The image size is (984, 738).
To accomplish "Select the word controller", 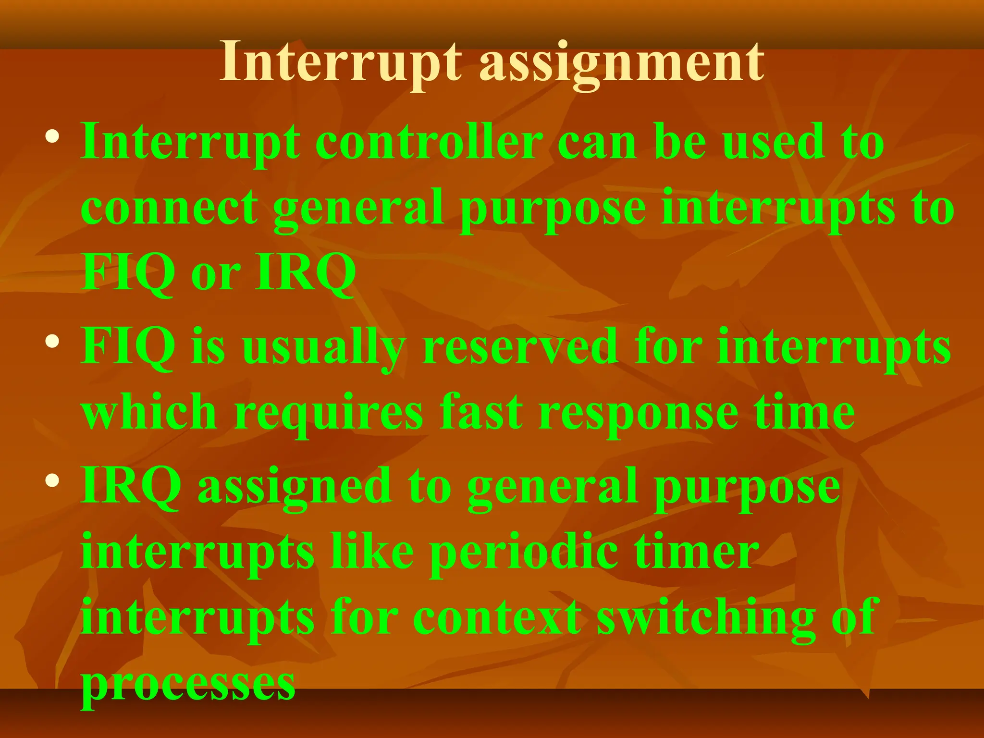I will point(429,142).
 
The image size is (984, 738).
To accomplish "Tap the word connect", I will point(169,207).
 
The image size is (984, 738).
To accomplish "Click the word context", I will point(497,617).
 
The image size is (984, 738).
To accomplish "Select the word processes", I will point(188,684).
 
